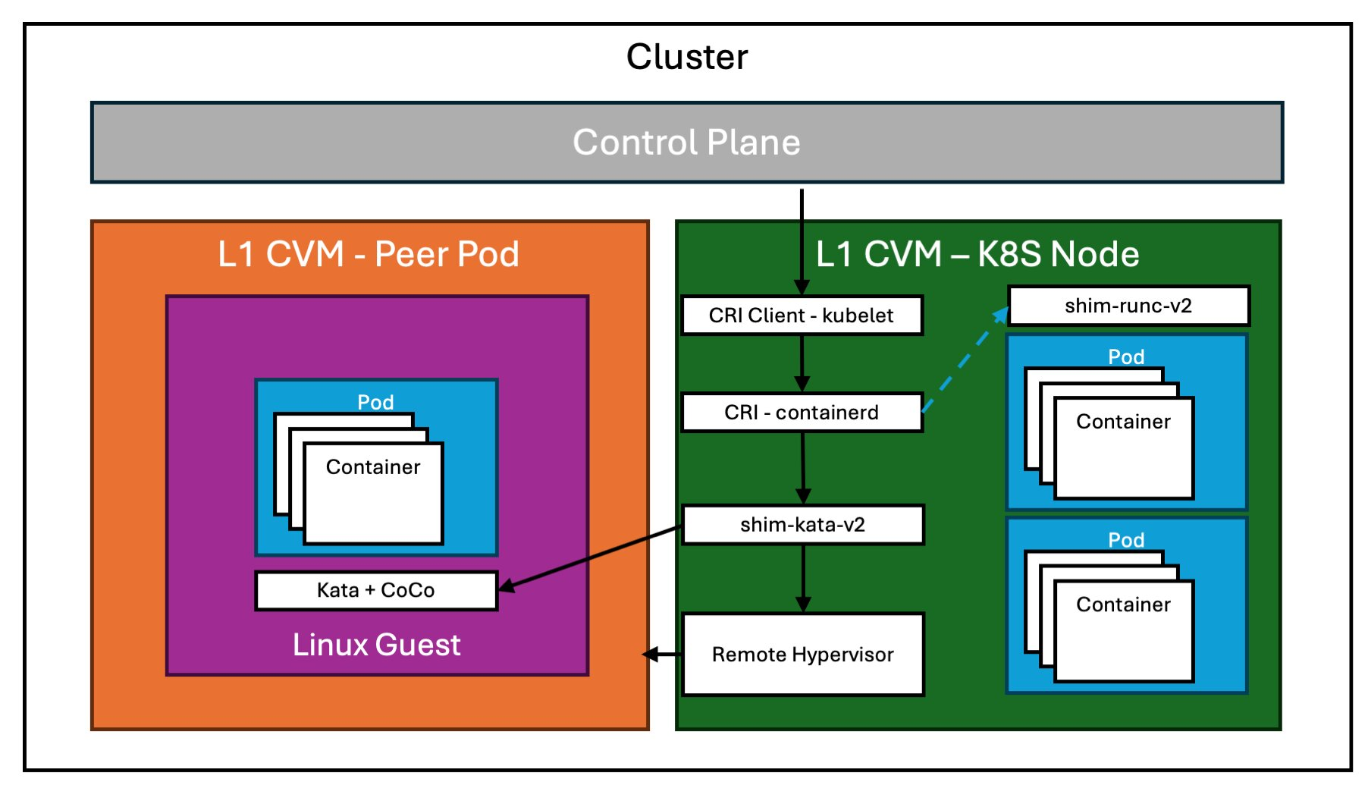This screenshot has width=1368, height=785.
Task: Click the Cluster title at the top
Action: tap(687, 57)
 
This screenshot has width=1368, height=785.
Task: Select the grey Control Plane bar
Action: tap(686, 143)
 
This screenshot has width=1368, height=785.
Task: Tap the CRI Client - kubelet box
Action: tap(802, 316)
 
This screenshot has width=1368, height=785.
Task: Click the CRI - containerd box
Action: tap(802, 413)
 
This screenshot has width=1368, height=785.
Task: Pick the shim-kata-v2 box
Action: tap(802, 525)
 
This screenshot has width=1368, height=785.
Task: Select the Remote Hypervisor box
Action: tap(802, 655)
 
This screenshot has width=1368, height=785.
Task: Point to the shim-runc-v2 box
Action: tap(1128, 306)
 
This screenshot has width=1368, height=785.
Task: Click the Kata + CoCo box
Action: tap(376, 590)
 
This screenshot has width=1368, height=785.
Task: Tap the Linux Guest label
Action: tap(376, 645)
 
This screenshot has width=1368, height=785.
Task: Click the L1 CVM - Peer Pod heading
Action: tap(369, 254)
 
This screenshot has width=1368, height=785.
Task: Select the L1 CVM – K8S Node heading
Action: tap(977, 254)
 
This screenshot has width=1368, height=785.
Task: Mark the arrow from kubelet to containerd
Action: tap(802, 363)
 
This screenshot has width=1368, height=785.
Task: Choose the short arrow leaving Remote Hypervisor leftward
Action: tap(662, 654)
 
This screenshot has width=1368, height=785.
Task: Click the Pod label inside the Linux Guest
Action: tap(375, 402)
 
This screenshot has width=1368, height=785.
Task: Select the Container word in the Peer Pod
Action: tap(373, 467)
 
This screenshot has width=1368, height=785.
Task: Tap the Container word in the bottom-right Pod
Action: tap(1123, 604)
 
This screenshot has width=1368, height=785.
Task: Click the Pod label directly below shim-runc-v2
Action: tap(1126, 356)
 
